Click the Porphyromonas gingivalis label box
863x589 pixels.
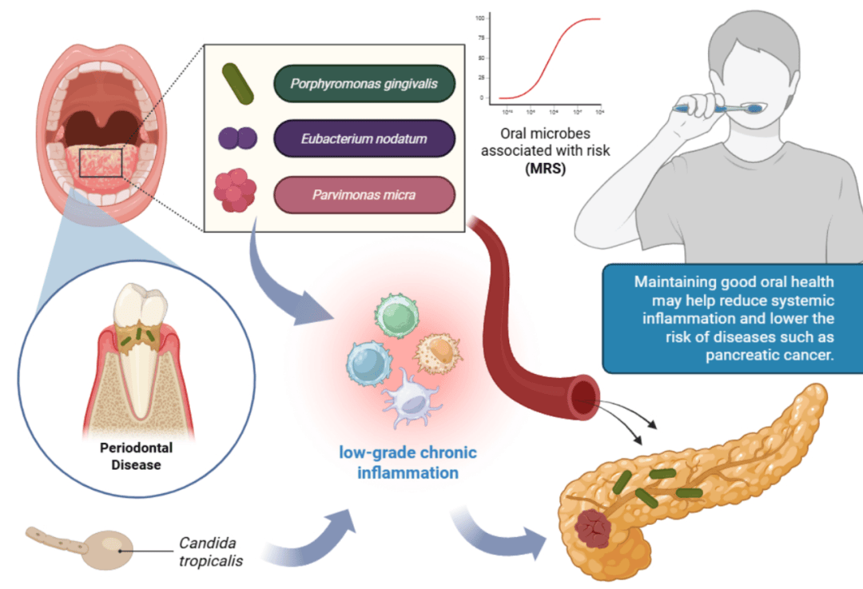(364, 82)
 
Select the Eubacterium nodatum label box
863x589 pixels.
(364, 139)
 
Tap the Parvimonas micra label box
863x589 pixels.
(364, 195)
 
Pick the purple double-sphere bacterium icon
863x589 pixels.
(238, 139)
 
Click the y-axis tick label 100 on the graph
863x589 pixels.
(479, 18)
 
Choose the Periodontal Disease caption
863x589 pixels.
(136, 456)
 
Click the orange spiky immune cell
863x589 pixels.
(436, 354)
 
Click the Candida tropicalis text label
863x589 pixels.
(211, 551)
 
